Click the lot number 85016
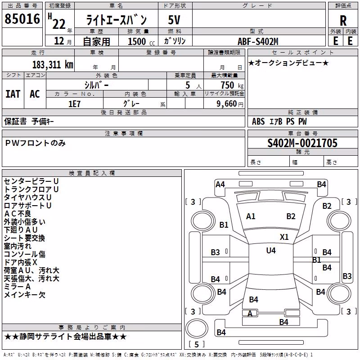pyautogui.click(x=22, y=19)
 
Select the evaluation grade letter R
pyautogui.click(x=343, y=21)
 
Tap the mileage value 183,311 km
pyautogui.click(x=53, y=65)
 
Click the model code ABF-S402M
pyautogui.click(x=258, y=41)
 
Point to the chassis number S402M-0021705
pyautogui.click(x=302, y=143)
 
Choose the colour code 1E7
pyautogui.click(x=74, y=104)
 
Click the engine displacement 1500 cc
pyautogui.click(x=141, y=41)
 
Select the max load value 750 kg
pyautogui.click(x=232, y=85)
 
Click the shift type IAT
pyautogui.click(x=13, y=94)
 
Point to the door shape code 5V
pyautogui.click(x=174, y=20)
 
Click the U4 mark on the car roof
pyautogui.click(x=271, y=250)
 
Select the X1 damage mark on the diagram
pyautogui.click(x=284, y=237)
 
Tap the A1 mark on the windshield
pyautogui.click(x=251, y=216)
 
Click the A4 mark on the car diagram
pyautogui.click(x=220, y=184)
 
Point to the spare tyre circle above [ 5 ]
pyautogui.click(x=197, y=328)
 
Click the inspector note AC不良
pyautogui.click(x=18, y=213)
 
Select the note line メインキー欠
pyautogui.click(x=25, y=295)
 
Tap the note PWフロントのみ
pyautogui.click(x=36, y=143)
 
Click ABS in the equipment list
pyautogui.click(x=258, y=121)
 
